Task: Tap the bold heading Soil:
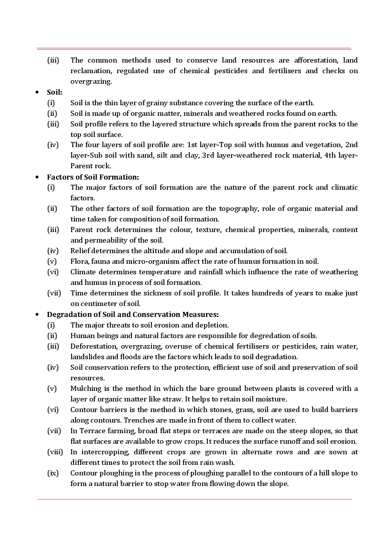pos(54,92)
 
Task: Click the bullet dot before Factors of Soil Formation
pos(37,177)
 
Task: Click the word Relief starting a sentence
pos(80,251)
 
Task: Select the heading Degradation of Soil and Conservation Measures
pos(133,315)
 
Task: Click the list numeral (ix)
pos(53,473)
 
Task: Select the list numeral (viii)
pos(55,452)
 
